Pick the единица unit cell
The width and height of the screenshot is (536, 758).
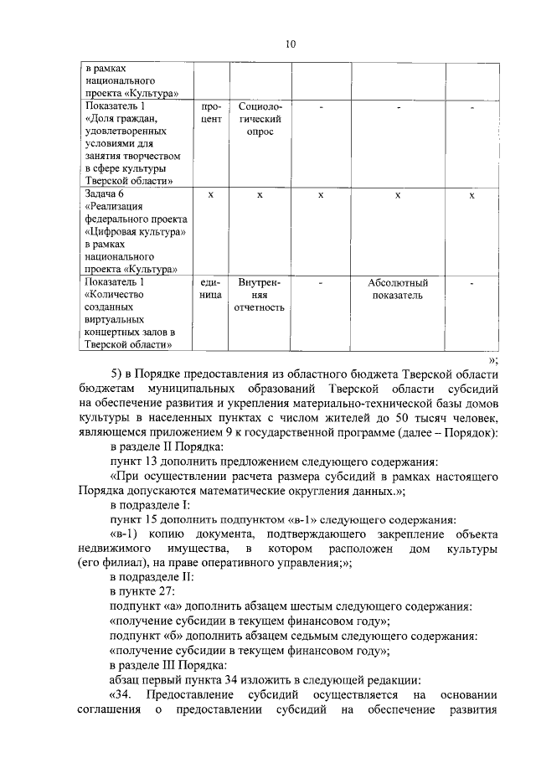(211, 289)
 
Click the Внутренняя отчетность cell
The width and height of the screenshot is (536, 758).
(260, 295)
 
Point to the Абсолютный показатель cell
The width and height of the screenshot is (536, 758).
(398, 289)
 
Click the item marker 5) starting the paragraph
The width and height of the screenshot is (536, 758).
(119, 374)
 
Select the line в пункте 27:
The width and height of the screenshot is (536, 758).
(142, 592)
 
